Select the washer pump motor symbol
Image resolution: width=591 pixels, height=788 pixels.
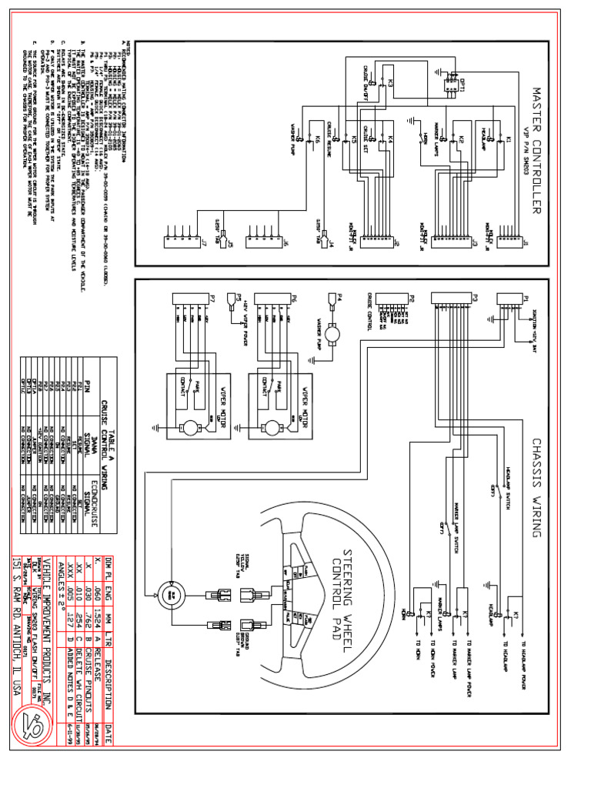(x=335, y=332)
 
